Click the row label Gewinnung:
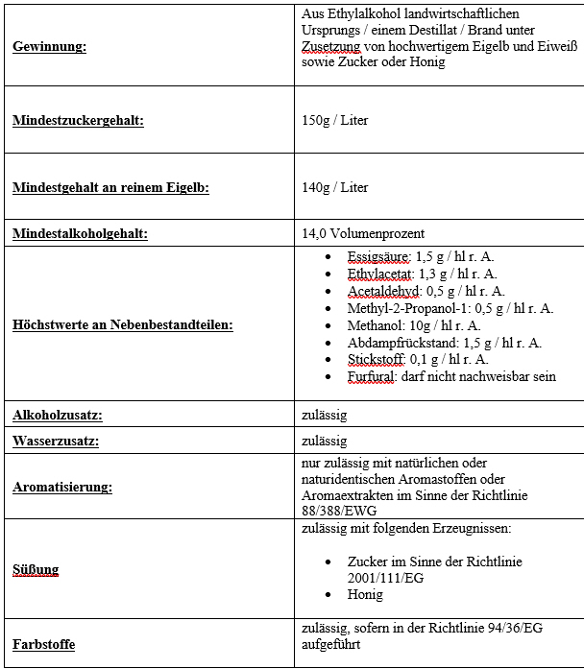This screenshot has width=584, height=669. click(49, 46)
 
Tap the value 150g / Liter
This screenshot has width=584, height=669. click(334, 121)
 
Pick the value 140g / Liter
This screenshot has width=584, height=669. click(334, 187)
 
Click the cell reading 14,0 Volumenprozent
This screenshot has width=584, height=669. click(363, 233)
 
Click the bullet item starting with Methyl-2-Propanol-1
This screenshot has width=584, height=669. click(450, 308)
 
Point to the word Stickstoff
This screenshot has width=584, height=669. click(376, 360)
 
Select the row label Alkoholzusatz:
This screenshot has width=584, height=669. click(58, 415)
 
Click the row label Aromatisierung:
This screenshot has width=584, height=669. click(62, 487)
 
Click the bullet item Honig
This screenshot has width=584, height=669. click(365, 595)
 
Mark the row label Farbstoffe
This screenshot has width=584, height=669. click(44, 644)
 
